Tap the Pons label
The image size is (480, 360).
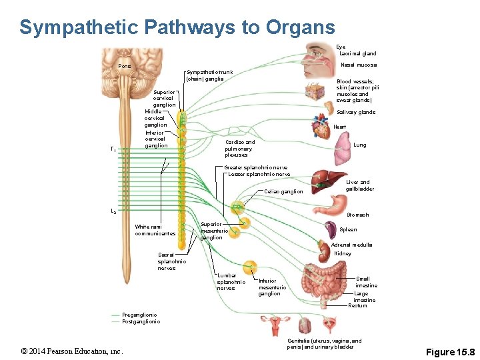(x=125, y=66)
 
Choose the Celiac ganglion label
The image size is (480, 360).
(x=283, y=191)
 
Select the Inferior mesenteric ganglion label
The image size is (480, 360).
(x=272, y=287)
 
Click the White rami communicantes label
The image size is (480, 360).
(x=155, y=230)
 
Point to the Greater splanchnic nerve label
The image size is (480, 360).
(x=257, y=167)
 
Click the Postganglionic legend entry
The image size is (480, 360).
(x=141, y=321)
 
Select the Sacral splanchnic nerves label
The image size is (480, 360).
(x=171, y=261)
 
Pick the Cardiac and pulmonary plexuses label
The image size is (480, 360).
(x=240, y=148)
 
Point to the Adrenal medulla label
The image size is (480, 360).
(x=351, y=245)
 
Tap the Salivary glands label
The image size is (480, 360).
(x=356, y=112)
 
